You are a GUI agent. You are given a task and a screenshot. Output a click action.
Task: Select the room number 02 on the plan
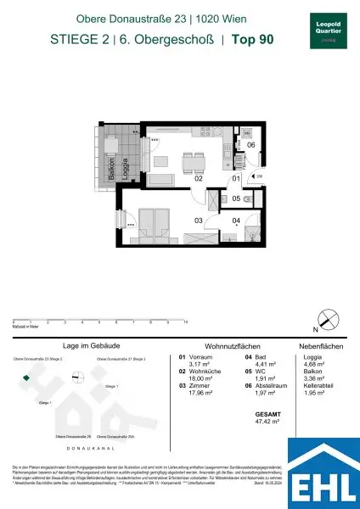(198, 179)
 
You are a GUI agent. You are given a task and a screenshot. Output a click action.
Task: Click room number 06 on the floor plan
(251, 144)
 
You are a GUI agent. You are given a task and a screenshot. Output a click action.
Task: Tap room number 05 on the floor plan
(237, 199)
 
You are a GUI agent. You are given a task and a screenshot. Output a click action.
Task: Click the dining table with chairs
(193, 160)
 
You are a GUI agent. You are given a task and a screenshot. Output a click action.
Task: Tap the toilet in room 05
(247, 198)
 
